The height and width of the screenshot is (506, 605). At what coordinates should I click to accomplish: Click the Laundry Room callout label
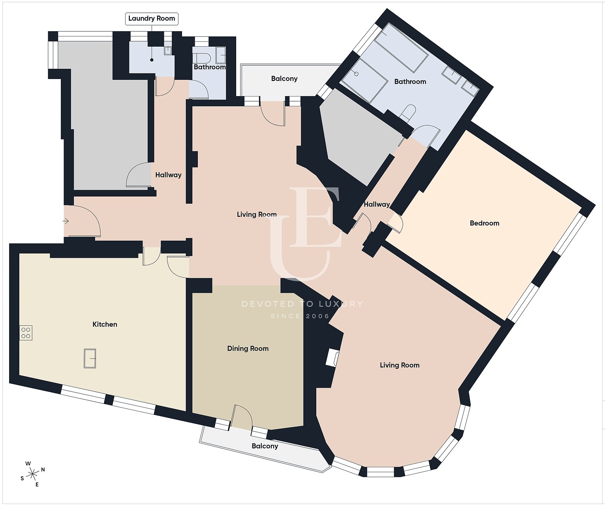(152, 19)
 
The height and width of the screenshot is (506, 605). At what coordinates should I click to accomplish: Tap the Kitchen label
(105, 325)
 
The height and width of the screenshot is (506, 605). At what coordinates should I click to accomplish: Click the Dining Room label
(248, 348)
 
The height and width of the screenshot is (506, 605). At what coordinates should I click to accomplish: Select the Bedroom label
(485, 223)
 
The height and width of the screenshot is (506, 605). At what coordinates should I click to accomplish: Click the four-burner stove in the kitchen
(26, 333)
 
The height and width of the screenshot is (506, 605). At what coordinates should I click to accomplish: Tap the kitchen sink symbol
(90, 359)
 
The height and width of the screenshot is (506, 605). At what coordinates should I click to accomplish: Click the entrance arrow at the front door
(66, 221)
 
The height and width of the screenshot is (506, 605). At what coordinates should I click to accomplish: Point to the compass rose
(33, 475)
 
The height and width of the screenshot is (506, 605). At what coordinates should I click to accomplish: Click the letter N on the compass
(43, 470)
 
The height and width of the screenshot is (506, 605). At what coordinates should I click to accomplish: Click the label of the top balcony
(284, 79)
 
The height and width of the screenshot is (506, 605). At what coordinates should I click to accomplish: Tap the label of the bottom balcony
(265, 446)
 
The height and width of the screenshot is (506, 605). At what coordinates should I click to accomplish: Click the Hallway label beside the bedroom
(377, 204)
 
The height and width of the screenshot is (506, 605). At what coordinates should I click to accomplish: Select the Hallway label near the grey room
(168, 175)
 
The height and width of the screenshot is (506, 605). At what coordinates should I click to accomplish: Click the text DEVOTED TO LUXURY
(302, 304)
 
